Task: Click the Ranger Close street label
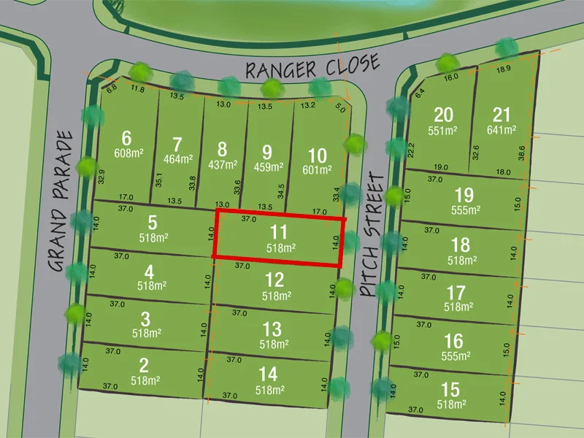coord(312,68)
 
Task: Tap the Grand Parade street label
coord(64,201)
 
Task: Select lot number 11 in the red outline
coord(278,232)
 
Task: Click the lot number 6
coord(127,138)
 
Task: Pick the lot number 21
coord(502,115)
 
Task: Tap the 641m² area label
coord(502,131)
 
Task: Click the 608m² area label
coord(128,153)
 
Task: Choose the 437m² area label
coord(222,165)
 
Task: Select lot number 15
coord(450,388)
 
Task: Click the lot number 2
coord(144,365)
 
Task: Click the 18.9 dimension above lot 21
coord(504,69)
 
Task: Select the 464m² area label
coord(178,158)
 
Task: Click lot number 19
coord(464,195)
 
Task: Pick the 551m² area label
coord(443,131)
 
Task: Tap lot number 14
coord(268,374)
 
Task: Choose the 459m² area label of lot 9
coord(267,167)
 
